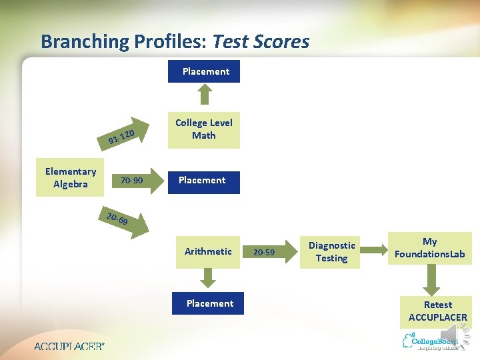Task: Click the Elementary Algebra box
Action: pyautogui.click(x=71, y=178)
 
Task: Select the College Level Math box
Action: pyautogui.click(x=203, y=129)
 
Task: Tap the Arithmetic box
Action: pyautogui.click(x=208, y=251)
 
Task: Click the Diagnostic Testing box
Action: pyautogui.click(x=331, y=252)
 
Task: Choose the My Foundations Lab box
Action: pyautogui.click(x=430, y=247)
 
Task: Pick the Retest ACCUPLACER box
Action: pyautogui.click(x=437, y=311)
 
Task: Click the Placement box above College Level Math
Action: pyautogui.click(x=206, y=71)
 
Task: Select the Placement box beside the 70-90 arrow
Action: pyautogui.click(x=202, y=180)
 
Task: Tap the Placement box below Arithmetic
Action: pyautogui.click(x=209, y=303)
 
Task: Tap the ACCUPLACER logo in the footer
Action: pyautogui.click(x=69, y=346)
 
